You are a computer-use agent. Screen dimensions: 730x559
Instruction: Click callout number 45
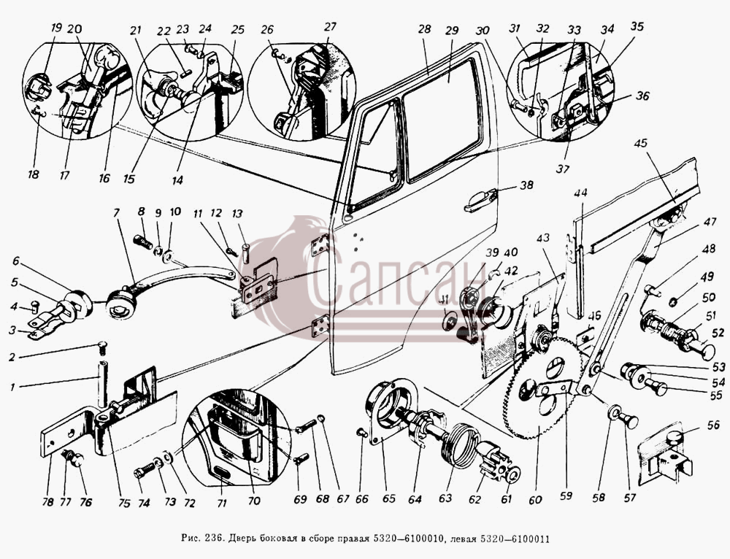click(x=641, y=143)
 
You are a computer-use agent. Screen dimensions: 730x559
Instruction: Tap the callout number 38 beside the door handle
click(x=526, y=185)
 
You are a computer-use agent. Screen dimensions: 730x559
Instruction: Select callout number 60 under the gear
click(x=535, y=499)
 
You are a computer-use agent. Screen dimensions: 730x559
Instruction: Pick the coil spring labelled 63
click(x=458, y=445)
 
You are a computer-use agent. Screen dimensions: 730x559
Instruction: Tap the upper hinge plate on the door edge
click(x=320, y=244)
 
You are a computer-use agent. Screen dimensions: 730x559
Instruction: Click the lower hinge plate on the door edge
click(x=320, y=327)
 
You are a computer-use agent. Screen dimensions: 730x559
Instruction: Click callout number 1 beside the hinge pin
click(x=13, y=387)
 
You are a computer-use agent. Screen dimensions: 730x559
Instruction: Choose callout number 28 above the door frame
click(x=424, y=29)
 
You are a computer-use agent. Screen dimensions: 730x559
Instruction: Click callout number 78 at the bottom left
click(x=48, y=502)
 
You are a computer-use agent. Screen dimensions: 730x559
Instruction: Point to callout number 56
click(x=712, y=425)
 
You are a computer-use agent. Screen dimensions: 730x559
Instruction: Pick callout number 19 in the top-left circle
click(x=56, y=28)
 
